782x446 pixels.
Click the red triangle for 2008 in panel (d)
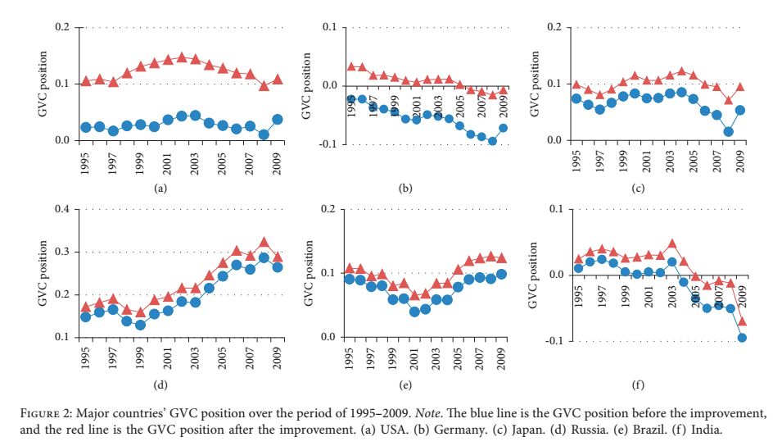(x=264, y=243)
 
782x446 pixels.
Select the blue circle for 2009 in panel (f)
(x=743, y=337)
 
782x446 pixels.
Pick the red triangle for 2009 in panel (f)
(x=743, y=320)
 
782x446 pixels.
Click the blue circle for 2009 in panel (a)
(x=278, y=119)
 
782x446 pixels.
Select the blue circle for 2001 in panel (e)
(x=415, y=312)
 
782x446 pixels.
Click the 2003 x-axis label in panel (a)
(x=195, y=166)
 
